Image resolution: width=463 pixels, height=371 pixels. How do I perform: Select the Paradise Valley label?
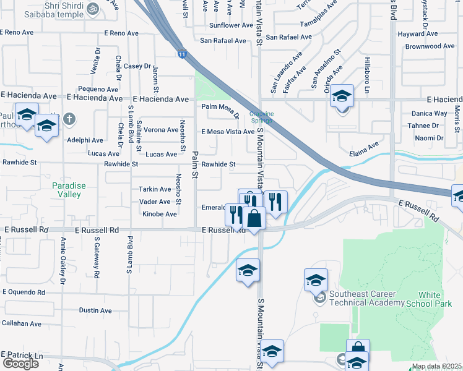[x=69, y=190]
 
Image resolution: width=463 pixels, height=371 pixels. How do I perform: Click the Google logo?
[x=20, y=364]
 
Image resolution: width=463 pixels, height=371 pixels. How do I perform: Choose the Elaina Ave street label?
[x=363, y=147]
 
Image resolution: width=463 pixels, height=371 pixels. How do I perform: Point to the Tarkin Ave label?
[x=155, y=189]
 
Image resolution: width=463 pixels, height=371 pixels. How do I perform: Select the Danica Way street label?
[x=432, y=113]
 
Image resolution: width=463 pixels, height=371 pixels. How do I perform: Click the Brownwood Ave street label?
[x=430, y=46]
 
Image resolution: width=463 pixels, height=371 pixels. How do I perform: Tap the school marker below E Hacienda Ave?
[x=341, y=96]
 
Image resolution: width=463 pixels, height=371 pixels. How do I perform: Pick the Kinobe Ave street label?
[x=160, y=214]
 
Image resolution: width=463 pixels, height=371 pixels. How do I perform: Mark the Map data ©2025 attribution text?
[x=436, y=367]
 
